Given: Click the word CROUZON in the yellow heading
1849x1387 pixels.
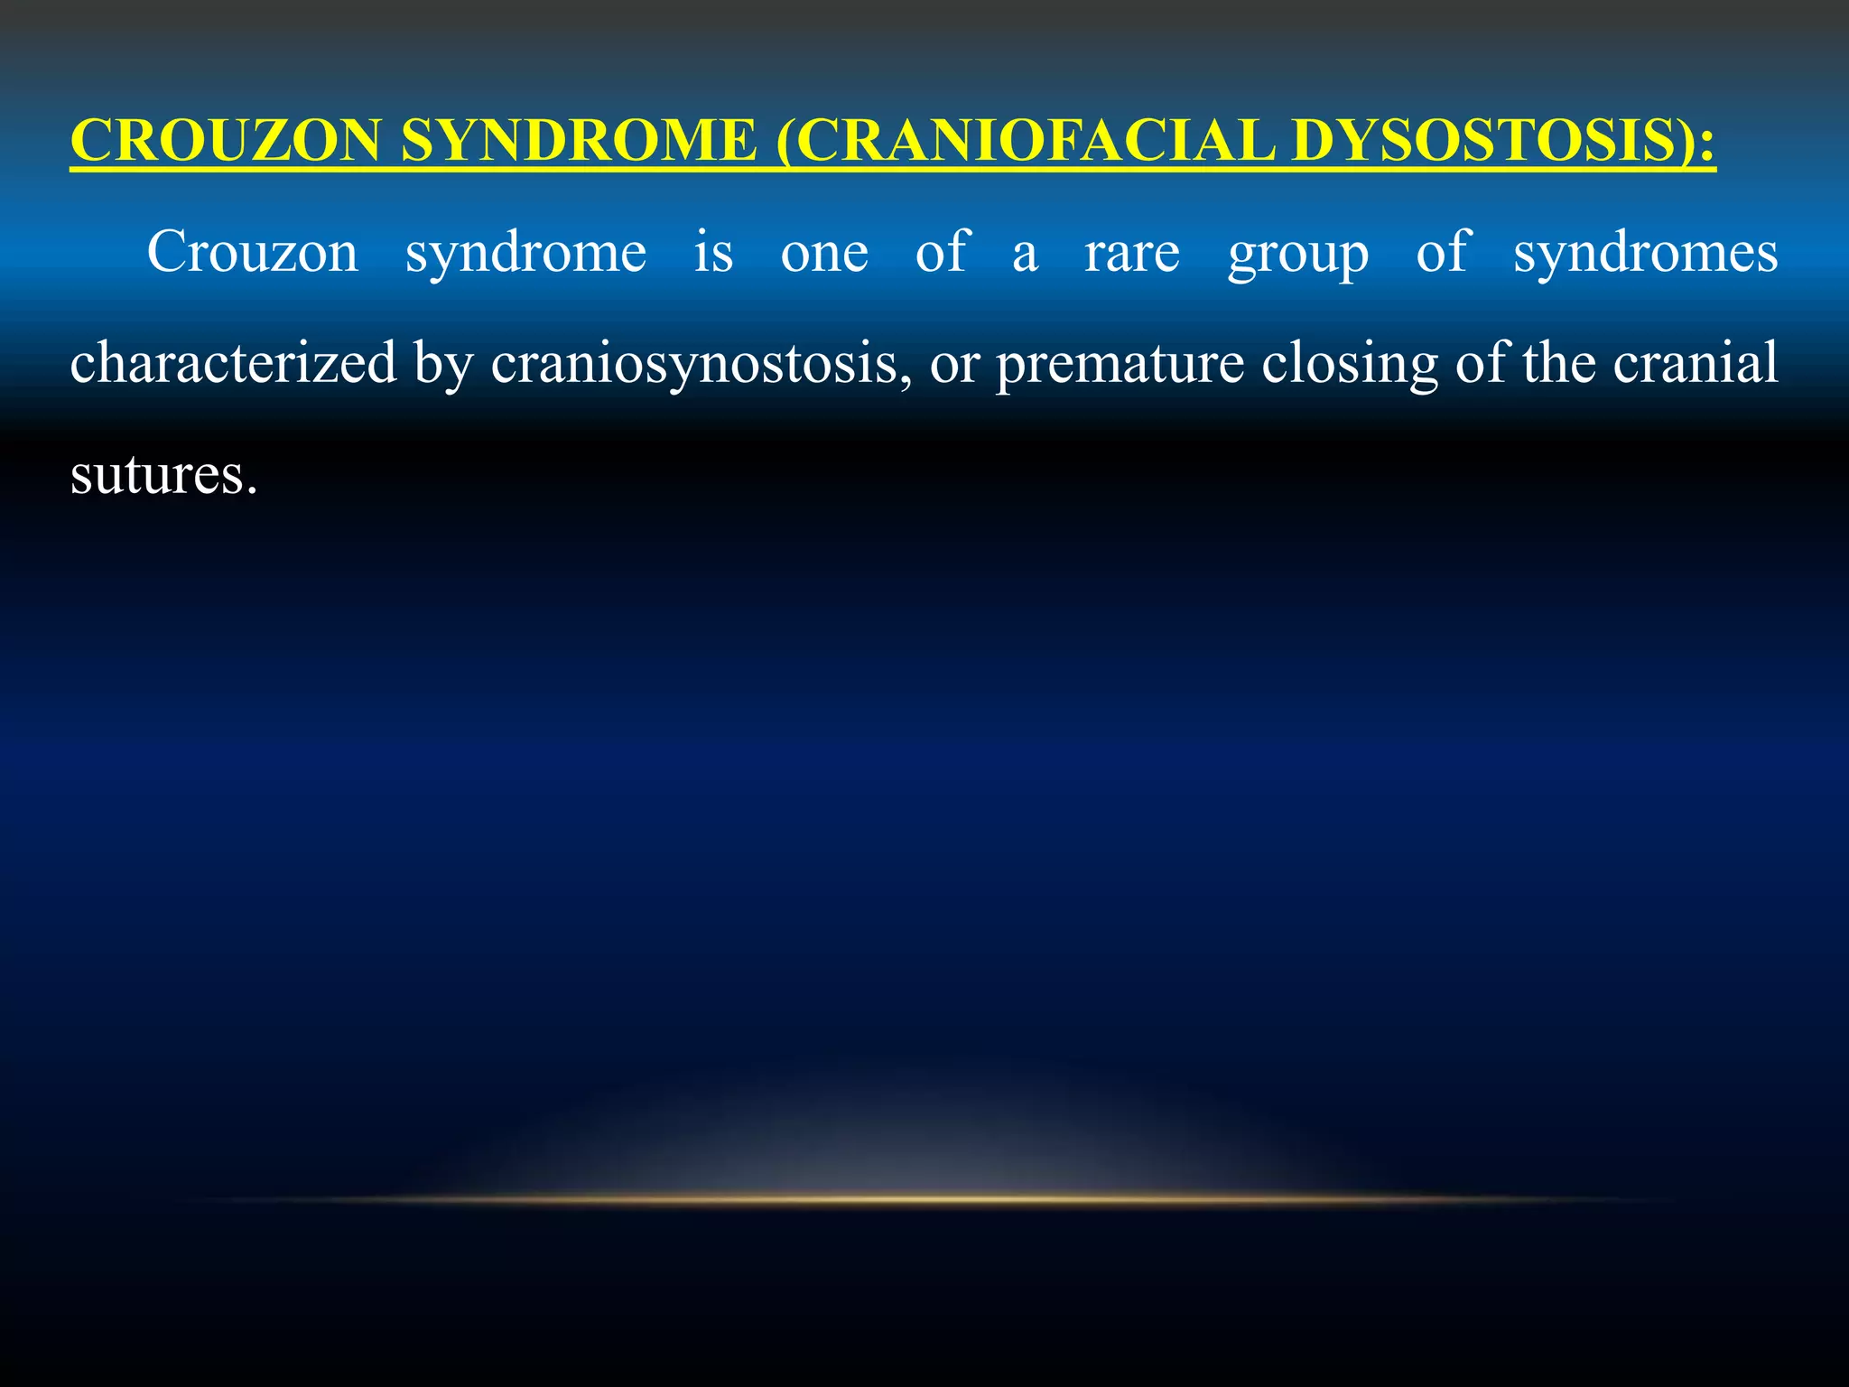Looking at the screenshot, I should click(x=226, y=141).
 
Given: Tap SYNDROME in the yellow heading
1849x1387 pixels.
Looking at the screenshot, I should click(x=579, y=141).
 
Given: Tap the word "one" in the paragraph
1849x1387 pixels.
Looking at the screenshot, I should click(x=824, y=254).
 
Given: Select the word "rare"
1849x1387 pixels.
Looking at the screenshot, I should click(x=1132, y=254).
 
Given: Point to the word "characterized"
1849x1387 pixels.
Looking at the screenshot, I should click(x=234, y=363).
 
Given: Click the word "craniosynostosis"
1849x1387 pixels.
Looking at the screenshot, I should click(x=701, y=365).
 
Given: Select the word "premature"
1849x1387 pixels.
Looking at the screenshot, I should click(x=1120, y=365).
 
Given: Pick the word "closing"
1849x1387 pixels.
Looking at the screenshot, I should click(x=1350, y=365).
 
